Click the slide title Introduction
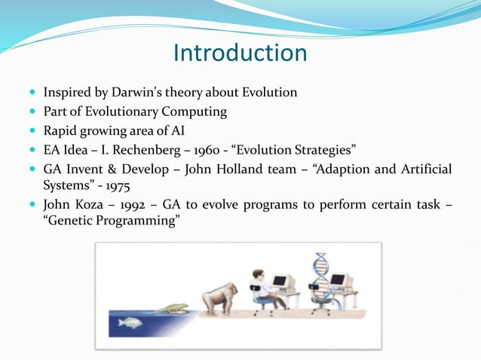click(x=240, y=53)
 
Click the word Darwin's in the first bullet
click(x=135, y=93)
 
